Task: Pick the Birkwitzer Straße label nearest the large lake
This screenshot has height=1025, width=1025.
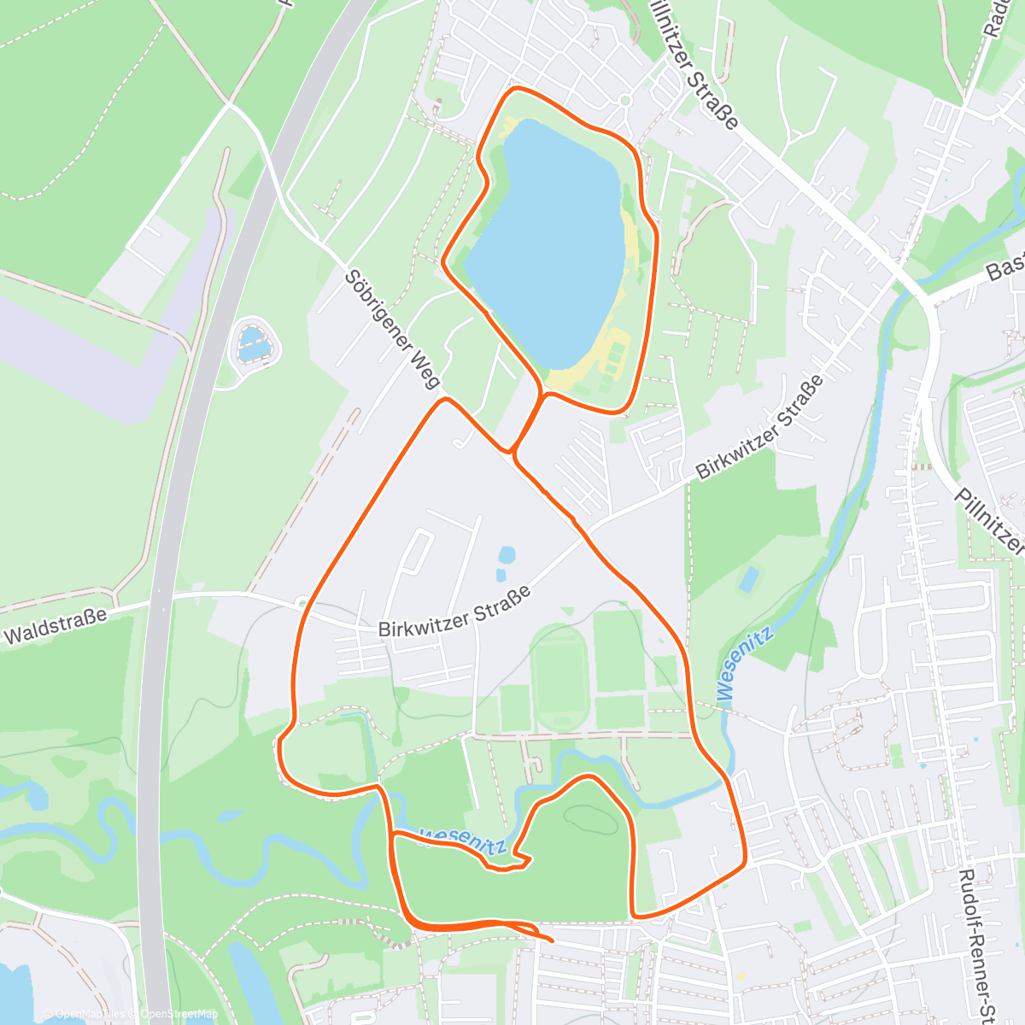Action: point(759,428)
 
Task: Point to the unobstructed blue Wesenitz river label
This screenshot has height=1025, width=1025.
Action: point(745,664)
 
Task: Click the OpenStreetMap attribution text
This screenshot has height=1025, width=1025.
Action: point(179,1015)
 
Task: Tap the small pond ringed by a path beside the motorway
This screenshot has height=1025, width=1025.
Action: point(255,343)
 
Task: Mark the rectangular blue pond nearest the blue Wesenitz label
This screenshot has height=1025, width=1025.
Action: point(748,580)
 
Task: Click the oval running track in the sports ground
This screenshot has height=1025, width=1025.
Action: point(559,674)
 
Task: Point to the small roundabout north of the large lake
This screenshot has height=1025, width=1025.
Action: point(624,101)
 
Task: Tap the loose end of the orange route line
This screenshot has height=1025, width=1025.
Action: point(551,940)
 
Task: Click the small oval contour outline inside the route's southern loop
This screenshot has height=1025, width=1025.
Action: point(591,817)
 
